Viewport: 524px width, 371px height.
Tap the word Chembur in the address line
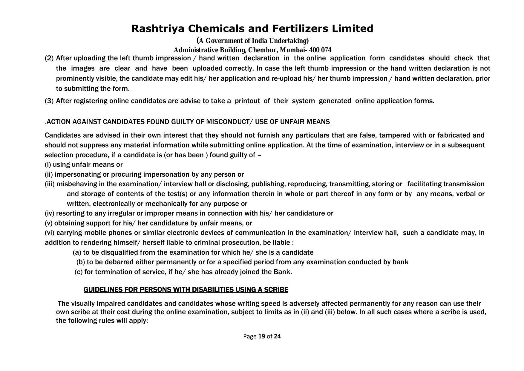coord(262,50)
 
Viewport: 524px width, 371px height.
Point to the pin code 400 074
coord(320,50)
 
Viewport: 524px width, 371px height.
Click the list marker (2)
coord(49,58)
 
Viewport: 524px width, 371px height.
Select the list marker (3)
coord(49,101)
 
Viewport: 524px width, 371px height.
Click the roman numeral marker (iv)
coord(50,213)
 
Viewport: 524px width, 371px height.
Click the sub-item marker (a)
coord(77,252)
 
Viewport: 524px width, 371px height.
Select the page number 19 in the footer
coord(262,336)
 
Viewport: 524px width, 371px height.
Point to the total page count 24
coord(277,336)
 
